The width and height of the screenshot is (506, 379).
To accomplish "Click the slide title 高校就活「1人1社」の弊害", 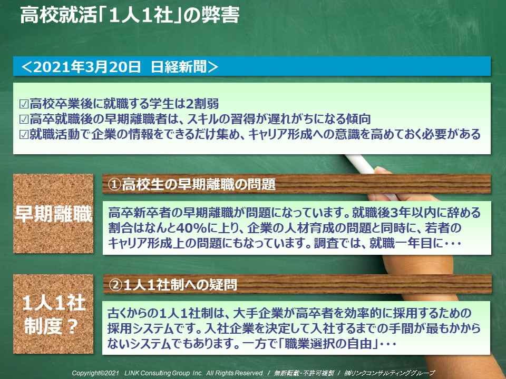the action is coord(130,15).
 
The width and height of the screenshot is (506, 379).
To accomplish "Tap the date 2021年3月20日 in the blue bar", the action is coord(87,67).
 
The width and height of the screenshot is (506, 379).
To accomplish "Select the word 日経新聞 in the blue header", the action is coord(179,67).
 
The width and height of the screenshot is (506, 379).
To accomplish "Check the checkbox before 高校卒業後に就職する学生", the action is coord(24,104).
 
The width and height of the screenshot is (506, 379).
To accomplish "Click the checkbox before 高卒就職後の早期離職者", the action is coord(24,119).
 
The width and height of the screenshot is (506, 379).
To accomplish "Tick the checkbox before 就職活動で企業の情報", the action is coord(24,134).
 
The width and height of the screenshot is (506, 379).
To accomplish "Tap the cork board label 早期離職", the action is coord(54,214).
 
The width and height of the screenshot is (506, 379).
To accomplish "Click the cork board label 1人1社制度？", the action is coord(53,315).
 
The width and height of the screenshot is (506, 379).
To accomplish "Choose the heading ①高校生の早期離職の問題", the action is coord(192,185).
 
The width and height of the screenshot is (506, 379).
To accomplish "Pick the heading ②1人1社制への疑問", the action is coord(173,285).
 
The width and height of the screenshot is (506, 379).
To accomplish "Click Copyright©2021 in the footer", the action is coord(96,373).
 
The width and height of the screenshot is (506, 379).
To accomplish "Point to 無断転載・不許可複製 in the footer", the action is coord(304,373).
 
